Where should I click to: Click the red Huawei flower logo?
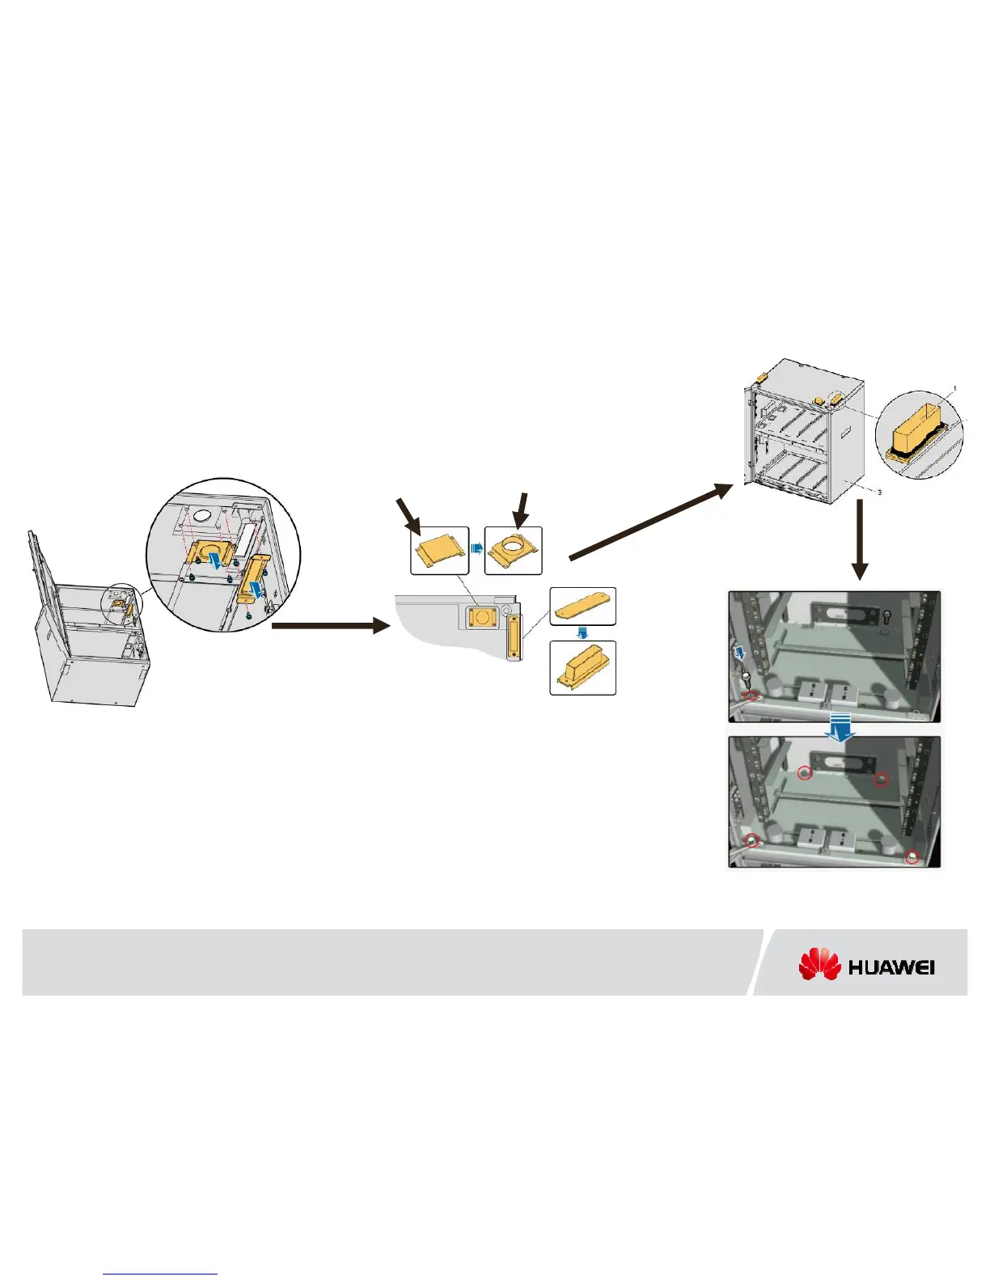tap(820, 964)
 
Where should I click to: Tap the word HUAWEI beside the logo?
tap(892, 967)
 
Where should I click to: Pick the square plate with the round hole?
tap(513, 551)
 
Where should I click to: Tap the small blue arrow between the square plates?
tap(476, 549)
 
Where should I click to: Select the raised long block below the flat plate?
tap(582, 668)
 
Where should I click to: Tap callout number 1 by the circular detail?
tap(954, 389)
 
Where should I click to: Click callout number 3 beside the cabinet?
tap(879, 492)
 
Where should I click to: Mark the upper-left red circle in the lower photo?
tap(805, 773)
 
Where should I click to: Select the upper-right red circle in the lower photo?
tap(882, 779)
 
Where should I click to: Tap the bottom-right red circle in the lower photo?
tap(912, 856)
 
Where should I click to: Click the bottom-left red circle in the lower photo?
tap(753, 840)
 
